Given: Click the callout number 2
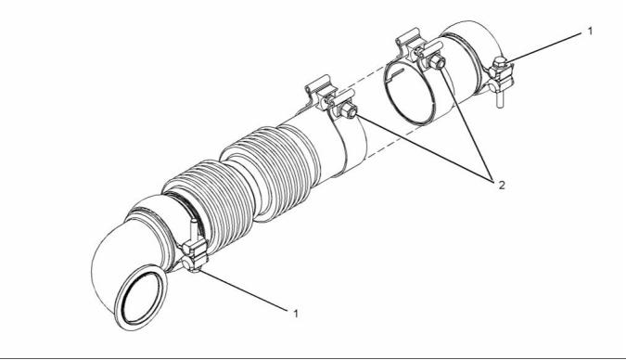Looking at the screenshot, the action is tap(502, 185).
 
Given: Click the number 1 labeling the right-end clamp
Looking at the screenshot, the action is tap(591, 32).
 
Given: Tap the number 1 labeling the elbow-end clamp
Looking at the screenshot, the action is tap(296, 314).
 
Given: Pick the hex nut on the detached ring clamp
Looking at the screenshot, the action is tap(437, 61).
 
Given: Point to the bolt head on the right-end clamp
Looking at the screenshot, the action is tap(500, 63).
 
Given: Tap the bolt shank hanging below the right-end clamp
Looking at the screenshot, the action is tap(500, 98).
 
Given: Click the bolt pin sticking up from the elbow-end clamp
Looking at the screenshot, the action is tap(194, 230).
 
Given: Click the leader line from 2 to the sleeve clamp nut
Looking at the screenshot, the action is tap(424, 147).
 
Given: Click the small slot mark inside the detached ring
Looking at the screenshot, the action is tap(395, 73).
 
